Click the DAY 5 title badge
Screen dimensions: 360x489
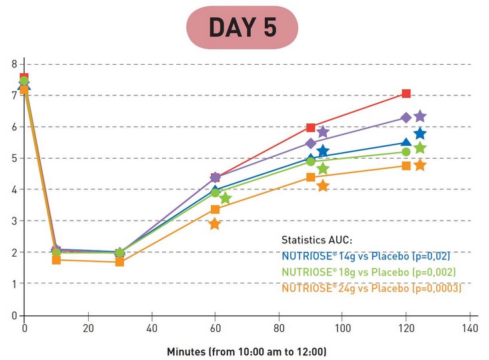coord(242,27)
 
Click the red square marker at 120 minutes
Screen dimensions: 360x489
coord(406,94)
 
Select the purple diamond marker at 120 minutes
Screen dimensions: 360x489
coord(406,118)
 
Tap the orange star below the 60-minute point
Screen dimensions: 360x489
coord(215,224)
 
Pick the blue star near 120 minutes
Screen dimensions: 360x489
coord(420,134)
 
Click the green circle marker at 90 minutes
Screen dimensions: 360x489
coord(310,161)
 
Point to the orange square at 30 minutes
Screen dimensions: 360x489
coord(119,262)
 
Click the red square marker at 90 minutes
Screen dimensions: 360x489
coord(310,127)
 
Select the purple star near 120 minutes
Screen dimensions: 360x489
coord(420,117)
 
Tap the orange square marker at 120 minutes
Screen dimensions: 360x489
coord(406,165)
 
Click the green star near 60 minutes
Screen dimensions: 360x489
coord(225,198)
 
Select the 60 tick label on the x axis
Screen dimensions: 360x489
coord(215,329)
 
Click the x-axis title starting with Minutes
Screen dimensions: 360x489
coord(246,351)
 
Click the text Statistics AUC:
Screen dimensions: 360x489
coord(317,239)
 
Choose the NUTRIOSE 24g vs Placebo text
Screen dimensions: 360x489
coord(372,289)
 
